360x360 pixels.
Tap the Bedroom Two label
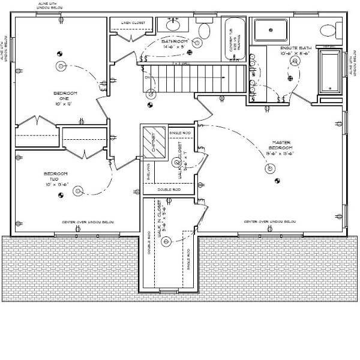pos(56,179)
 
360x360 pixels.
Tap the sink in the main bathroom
pos(175,26)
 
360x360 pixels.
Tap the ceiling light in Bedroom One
pos(59,66)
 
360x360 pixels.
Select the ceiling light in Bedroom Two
pos(77,191)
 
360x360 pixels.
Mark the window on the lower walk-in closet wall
pos(169,292)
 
